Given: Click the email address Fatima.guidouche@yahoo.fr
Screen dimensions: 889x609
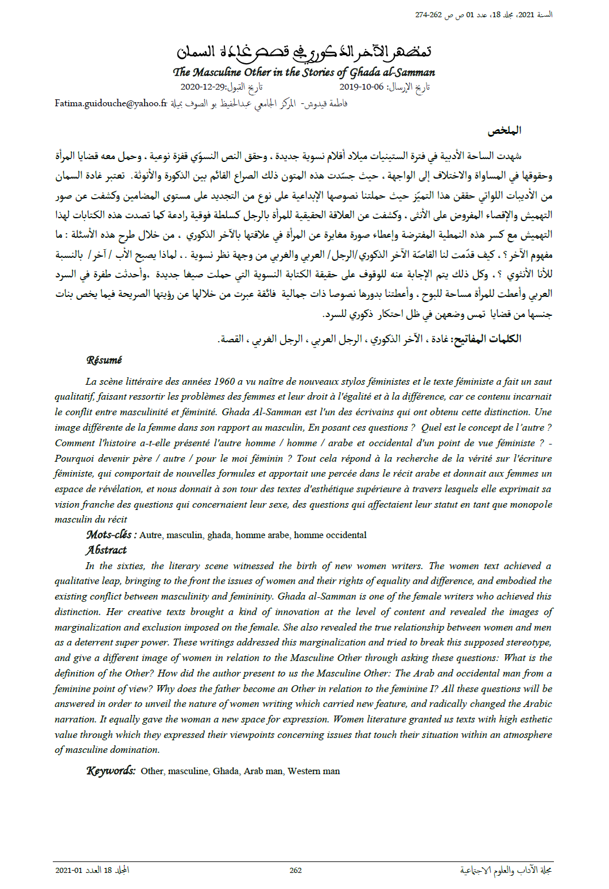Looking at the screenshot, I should [x=111, y=103].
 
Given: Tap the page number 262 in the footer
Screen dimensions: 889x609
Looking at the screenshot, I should [x=296, y=870].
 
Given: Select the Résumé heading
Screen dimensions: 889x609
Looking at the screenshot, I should [x=104, y=360].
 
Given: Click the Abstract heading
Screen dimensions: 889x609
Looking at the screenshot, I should [x=106, y=550].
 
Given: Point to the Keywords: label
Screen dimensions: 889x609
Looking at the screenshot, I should [x=111, y=771].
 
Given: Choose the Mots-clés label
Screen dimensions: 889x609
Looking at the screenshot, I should [x=111, y=535].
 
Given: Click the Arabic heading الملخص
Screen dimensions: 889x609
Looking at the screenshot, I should [x=504, y=130].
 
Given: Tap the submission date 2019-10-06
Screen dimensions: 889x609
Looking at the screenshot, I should [x=361, y=87].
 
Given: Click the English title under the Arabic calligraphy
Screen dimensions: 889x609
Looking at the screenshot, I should [x=304, y=72].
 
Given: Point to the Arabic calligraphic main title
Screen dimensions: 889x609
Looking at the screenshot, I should [x=304, y=52].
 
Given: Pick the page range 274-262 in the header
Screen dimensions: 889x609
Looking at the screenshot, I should [x=429, y=15].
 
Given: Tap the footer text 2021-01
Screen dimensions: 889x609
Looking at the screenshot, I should [x=69, y=870].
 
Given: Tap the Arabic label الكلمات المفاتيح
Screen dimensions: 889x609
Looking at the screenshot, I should [x=487, y=339].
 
